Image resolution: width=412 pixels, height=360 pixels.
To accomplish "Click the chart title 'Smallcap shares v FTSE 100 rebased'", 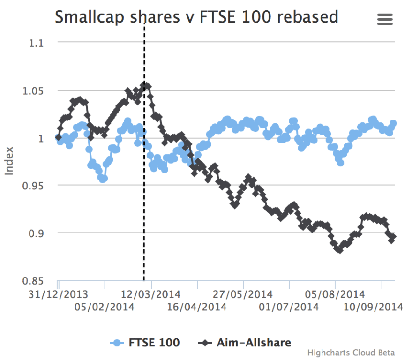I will pos(196,17).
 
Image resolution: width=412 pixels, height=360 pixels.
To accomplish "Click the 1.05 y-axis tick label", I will pos(32,90).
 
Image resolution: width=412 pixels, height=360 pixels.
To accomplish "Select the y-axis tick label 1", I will pos(41,138).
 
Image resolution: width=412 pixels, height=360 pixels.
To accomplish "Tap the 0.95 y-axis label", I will pos(32,186).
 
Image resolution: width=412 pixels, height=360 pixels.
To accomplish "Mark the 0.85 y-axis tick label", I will pos(32,281).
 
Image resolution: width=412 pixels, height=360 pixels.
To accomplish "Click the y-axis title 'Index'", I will pos(9,162).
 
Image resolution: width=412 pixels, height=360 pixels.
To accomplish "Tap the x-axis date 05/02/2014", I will pos(104,307).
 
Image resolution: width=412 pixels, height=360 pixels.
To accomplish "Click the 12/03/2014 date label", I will pos(151,295).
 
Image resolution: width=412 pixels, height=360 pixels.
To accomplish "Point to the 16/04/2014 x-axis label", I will pos(197,307).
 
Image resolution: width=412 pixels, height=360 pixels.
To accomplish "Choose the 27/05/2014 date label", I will pos(243,295).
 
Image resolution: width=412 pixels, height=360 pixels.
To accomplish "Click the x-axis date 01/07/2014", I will pos(289,307).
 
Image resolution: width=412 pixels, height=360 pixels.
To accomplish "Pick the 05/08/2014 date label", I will pos(335,295).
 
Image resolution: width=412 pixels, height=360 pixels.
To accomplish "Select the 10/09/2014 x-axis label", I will pos(374,307).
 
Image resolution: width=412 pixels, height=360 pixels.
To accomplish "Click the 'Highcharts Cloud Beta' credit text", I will pos(351,352).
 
